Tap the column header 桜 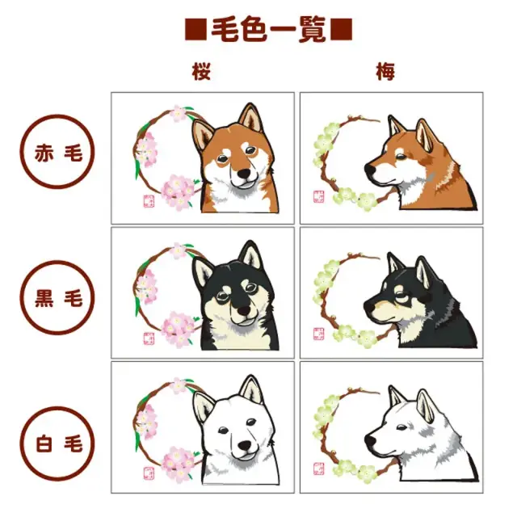(202, 72)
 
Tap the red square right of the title (343, 30)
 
